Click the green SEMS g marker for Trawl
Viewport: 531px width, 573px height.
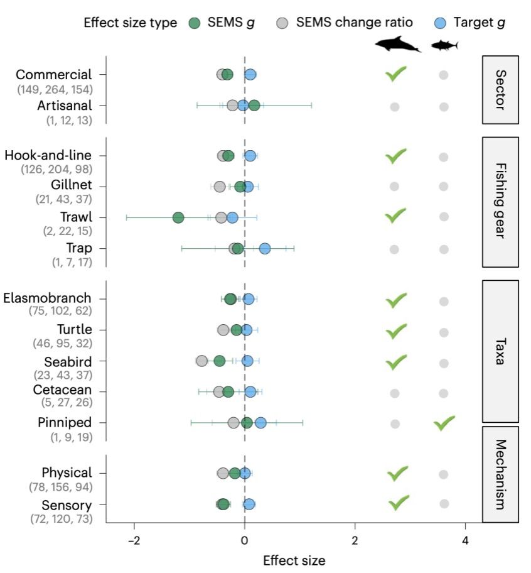[x=178, y=217]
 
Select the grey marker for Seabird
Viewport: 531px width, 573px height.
[x=201, y=361]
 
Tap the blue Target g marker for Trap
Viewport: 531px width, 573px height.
[x=265, y=249]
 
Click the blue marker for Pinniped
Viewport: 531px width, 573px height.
[x=260, y=423]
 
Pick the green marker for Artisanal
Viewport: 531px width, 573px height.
[x=254, y=105]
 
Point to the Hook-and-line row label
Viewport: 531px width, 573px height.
[x=48, y=155]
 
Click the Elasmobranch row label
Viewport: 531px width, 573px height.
[x=47, y=298]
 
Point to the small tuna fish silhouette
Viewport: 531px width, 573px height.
[x=444, y=45]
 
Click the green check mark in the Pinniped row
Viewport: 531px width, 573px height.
[x=444, y=423]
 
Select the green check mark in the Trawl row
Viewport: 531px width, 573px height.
[x=395, y=216]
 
